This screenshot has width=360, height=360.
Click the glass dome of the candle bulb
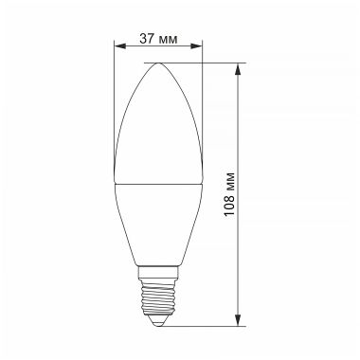point(157,123)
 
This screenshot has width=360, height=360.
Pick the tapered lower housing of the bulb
point(157,227)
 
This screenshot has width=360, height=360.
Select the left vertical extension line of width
point(113,95)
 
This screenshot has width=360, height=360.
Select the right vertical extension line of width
point(202,95)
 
